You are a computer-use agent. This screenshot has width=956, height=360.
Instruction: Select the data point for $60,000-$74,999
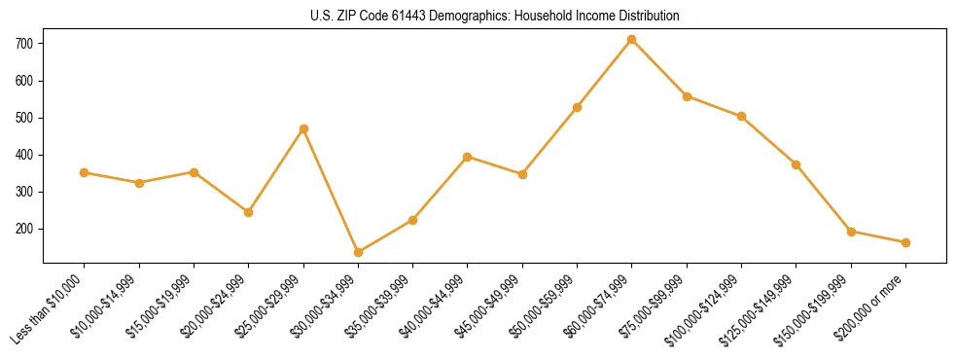click(632, 39)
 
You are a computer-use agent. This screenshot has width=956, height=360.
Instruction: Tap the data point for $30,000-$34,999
click(358, 252)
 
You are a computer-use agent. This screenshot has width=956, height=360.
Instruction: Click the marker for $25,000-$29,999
click(303, 128)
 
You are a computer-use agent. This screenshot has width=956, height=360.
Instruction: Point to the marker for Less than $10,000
click(85, 172)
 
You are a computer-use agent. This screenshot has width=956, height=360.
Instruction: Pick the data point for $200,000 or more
click(905, 242)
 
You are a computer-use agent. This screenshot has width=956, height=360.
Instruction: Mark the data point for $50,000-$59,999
click(577, 107)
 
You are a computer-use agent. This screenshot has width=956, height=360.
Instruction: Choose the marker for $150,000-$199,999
click(851, 232)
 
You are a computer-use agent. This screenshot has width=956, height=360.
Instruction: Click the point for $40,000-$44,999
click(468, 157)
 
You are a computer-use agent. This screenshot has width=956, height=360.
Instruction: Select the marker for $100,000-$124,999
click(741, 116)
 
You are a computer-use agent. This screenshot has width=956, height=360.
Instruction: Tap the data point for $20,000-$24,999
click(249, 212)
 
